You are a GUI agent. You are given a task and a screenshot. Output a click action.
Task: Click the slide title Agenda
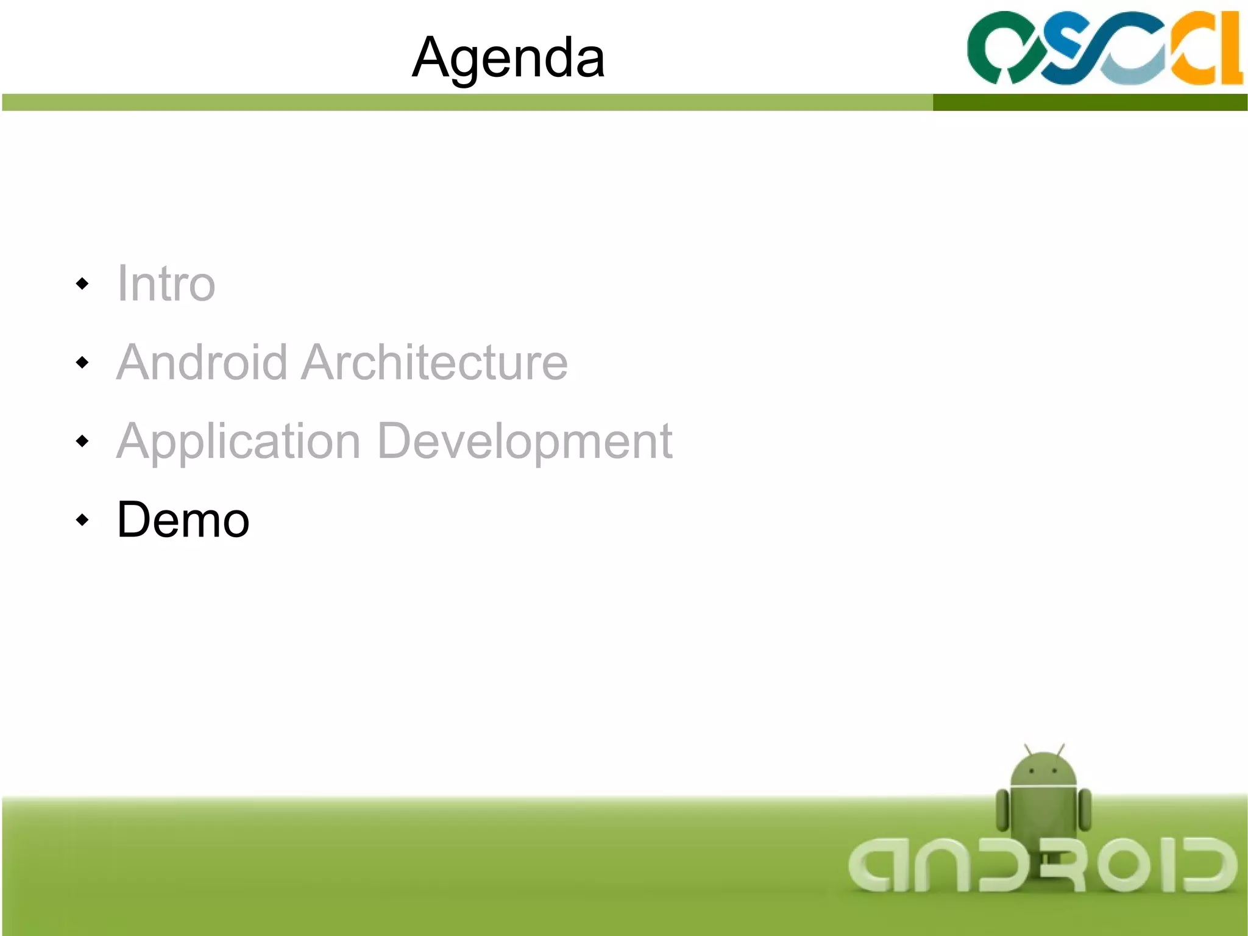point(508,57)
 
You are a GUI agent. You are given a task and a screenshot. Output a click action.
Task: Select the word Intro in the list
point(166,284)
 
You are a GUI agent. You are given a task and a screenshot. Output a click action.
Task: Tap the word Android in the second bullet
point(202,362)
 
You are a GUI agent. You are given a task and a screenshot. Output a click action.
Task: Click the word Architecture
point(434,362)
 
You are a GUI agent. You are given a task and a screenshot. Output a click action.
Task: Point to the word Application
point(239,441)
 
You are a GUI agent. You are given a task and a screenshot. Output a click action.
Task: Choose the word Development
point(525,441)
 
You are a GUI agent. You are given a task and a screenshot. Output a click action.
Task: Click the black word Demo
point(183,520)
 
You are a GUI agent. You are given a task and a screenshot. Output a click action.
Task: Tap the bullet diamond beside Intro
point(82,284)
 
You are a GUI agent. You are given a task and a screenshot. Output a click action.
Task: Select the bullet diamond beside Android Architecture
point(82,363)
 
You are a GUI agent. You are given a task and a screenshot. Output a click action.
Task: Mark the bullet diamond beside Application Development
point(82,441)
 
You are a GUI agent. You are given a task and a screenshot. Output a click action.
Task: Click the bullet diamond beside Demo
point(82,520)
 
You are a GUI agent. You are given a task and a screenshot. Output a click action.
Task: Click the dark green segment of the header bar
point(1090,102)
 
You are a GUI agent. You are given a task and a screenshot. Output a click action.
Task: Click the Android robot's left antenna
point(1028,749)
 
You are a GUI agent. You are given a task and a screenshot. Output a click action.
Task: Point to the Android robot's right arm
point(1085,809)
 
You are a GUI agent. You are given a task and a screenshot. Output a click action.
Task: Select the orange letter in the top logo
point(1210,49)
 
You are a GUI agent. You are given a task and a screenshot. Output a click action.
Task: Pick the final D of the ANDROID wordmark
point(1208,865)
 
